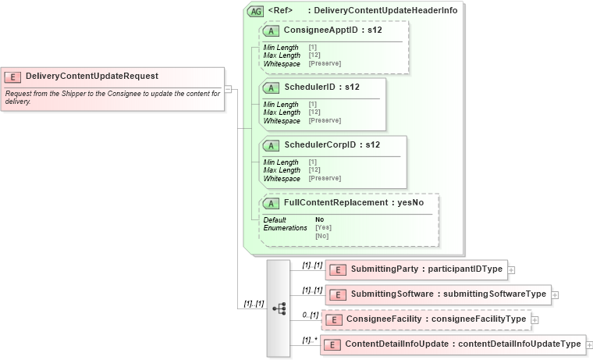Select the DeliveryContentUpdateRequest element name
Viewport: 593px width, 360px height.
click(91, 77)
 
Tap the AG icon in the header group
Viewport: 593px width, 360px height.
click(255, 11)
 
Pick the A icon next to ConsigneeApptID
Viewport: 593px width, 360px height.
click(271, 31)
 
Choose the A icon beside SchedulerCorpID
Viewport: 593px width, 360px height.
click(271, 145)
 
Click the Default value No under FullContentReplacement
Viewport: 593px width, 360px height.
click(320, 219)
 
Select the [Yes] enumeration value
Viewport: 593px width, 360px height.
click(321, 227)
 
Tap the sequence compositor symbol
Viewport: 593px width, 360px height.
click(279, 308)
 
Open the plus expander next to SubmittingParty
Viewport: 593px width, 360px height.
click(511, 269)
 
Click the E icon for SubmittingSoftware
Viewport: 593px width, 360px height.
click(338, 294)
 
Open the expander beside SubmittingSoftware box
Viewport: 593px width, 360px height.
click(555, 294)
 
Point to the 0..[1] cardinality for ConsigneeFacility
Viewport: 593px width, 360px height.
click(311, 315)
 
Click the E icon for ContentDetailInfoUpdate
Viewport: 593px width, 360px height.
click(332, 344)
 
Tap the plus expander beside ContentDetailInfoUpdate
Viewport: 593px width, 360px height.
click(589, 344)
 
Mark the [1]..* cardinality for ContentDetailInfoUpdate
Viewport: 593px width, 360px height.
click(309, 340)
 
